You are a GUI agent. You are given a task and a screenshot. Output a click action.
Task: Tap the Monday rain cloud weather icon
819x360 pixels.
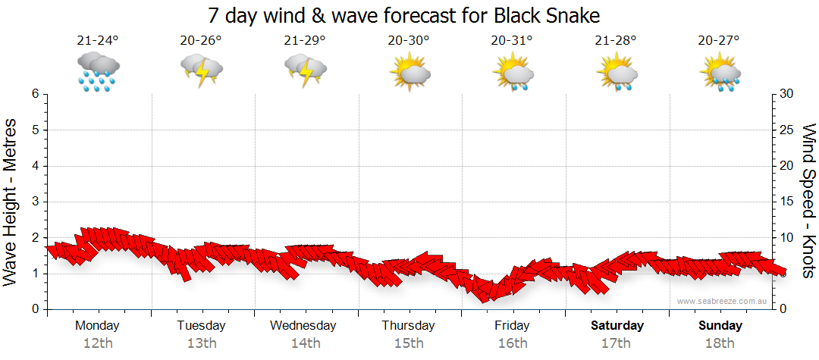click(x=98, y=71)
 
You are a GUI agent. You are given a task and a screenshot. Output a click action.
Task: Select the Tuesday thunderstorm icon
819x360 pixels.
click(x=201, y=71)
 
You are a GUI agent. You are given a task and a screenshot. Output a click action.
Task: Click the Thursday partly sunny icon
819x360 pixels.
click(x=409, y=72)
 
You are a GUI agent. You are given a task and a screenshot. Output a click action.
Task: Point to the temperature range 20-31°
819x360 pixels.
click(x=513, y=40)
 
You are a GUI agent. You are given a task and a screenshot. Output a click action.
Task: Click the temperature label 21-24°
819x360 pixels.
click(x=98, y=40)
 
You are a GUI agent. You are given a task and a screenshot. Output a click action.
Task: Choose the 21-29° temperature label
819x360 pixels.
click(x=305, y=40)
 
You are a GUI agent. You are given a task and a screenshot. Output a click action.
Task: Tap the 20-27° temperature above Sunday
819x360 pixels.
click(x=720, y=40)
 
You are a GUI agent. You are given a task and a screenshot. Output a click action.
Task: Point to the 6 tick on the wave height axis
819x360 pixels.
click(x=35, y=94)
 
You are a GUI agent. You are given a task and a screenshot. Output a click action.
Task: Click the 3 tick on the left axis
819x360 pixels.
click(x=35, y=202)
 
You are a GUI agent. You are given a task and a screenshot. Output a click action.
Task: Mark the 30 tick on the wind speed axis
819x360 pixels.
click(x=787, y=94)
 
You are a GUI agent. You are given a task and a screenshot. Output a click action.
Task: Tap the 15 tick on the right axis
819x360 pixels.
click(x=787, y=202)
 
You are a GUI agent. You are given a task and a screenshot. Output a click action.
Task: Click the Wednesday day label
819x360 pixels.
click(x=303, y=326)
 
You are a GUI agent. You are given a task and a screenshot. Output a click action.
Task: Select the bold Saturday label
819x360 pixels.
click(x=617, y=326)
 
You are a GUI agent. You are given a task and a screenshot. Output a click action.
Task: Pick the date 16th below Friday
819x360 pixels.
click(x=513, y=343)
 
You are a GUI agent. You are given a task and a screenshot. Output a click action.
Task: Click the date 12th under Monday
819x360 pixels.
click(x=97, y=343)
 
